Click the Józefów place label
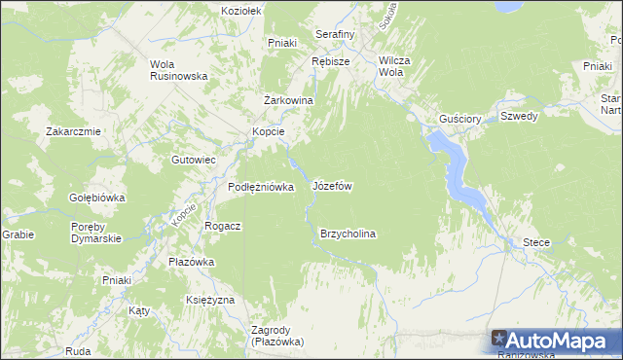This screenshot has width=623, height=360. tap(332, 185)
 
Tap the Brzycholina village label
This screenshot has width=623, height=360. tap(348, 234)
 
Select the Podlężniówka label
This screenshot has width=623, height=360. tap(261, 187)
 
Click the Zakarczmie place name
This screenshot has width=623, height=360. tap(74, 131)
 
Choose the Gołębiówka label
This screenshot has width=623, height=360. tap(97, 198)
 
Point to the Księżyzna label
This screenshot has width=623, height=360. tap(210, 300)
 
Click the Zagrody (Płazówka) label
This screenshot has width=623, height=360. tap(277, 336)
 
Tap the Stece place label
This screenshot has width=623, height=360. tap(536, 241)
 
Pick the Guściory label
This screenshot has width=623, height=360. tap(460, 119)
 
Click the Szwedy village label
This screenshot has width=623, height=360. tap(519, 116)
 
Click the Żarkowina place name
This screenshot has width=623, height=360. tap(287, 100)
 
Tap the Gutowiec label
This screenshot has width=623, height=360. tap(193, 159)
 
